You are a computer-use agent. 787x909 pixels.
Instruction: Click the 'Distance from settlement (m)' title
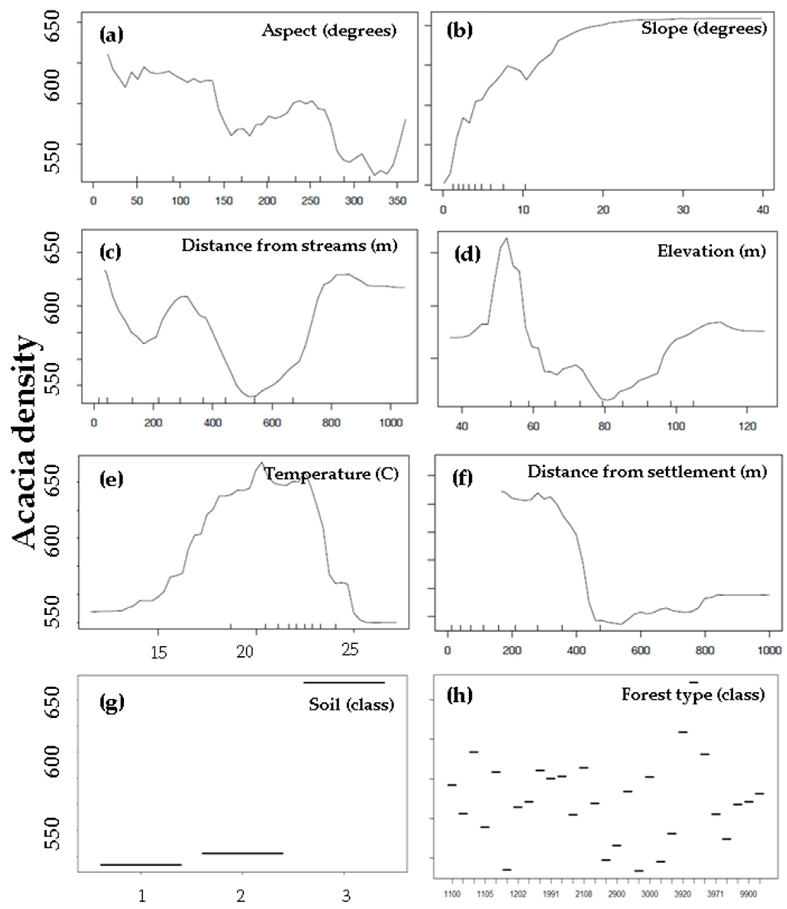[647, 472]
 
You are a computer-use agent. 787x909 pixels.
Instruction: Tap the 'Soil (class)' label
[351, 704]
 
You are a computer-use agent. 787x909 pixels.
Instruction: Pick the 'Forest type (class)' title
[693, 695]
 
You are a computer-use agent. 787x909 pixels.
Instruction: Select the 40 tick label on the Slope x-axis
[763, 210]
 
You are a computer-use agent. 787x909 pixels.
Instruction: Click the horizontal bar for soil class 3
[344, 683]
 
